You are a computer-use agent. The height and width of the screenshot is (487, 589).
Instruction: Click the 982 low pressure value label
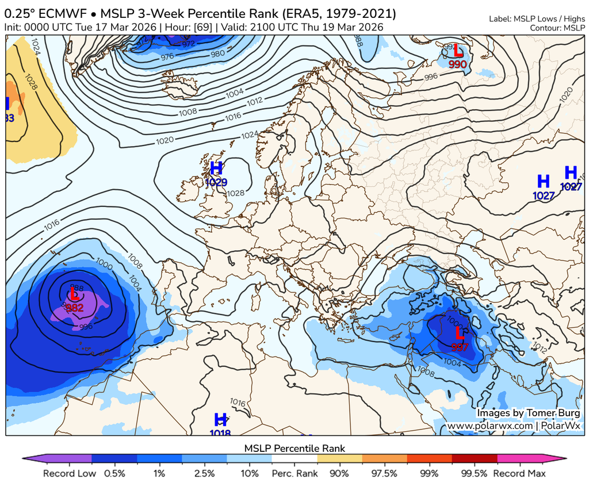point(74,308)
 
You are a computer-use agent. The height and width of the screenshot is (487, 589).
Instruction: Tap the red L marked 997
point(460,333)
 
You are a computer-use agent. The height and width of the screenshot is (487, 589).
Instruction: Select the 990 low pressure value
point(457,64)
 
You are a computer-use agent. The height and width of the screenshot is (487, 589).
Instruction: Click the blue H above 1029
point(216,168)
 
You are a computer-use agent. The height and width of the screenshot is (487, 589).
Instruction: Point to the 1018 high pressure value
point(220,433)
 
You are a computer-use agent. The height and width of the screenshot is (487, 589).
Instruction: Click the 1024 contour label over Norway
point(250,135)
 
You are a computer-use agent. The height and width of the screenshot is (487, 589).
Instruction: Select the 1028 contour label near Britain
point(236,194)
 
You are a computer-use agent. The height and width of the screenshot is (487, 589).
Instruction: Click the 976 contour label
point(167,56)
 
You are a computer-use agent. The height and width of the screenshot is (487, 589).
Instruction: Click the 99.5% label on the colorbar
point(475,474)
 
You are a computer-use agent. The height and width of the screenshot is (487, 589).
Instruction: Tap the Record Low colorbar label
point(68,474)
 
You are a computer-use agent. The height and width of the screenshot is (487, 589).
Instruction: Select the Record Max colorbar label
point(519,474)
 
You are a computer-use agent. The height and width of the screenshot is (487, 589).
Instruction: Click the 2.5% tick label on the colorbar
point(204,474)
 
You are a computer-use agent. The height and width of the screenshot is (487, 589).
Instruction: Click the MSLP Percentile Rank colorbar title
point(294,448)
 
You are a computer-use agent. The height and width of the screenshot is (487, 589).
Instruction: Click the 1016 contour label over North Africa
point(238,402)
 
